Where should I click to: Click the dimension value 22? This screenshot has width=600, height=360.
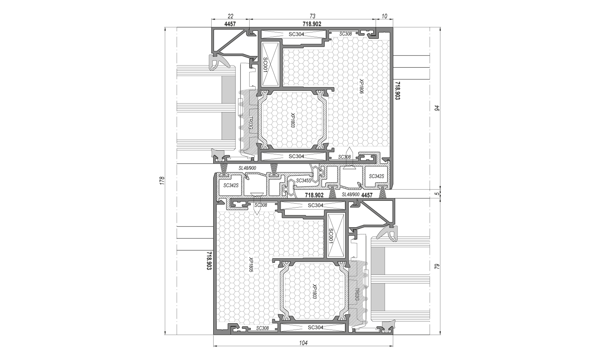[231, 16]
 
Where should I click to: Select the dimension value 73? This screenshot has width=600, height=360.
[312, 16]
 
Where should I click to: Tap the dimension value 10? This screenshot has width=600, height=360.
[384, 16]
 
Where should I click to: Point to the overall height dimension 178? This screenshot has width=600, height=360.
[162, 180]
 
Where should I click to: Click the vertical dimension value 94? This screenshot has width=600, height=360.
[437, 108]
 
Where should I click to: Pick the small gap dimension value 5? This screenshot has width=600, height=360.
[437, 194]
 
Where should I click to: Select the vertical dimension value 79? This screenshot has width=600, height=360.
[437, 266]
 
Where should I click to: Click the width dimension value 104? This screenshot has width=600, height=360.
[303, 343]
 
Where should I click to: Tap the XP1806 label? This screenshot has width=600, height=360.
[361, 86]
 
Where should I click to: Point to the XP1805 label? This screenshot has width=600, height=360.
[251, 265]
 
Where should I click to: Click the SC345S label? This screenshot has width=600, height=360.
[304, 181]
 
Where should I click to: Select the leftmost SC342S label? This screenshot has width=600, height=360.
[231, 185]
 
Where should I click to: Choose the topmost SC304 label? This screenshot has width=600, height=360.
[296, 34]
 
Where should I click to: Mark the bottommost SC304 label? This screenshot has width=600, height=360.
[316, 327]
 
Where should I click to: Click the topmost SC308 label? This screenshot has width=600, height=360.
[346, 34]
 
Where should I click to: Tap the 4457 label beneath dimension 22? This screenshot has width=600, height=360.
[230, 24]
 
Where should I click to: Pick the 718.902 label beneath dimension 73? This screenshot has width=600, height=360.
[312, 24]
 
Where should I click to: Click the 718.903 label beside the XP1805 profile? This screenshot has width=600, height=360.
[209, 261]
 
